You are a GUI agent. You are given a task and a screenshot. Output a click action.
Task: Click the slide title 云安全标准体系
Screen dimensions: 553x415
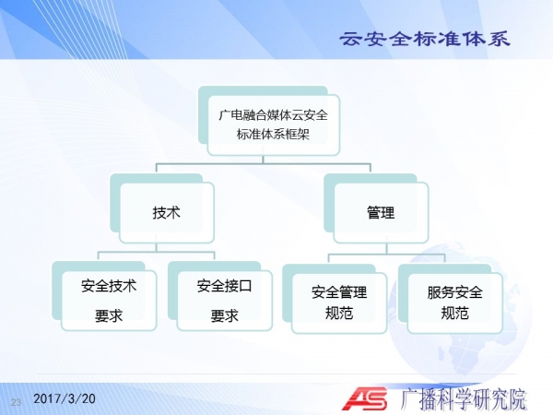[425, 39]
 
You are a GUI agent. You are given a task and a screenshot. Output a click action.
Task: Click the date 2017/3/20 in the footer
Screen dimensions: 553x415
[65, 398]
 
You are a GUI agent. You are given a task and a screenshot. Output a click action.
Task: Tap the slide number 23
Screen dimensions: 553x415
[17, 402]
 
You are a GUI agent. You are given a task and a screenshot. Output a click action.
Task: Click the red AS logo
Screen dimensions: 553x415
[365, 398]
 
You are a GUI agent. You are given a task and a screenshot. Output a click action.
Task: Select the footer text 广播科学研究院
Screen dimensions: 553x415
[464, 399]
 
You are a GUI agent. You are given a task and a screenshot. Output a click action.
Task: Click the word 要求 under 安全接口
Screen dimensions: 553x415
[225, 315]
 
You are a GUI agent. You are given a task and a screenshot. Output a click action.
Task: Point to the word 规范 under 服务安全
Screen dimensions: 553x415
[455, 313]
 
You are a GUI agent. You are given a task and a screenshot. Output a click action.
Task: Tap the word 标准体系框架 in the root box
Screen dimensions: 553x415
[273, 134]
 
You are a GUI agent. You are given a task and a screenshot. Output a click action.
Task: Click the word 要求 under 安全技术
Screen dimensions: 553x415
[109, 315]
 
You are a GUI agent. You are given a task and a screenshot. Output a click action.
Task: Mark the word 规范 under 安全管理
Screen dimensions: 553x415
[339, 313]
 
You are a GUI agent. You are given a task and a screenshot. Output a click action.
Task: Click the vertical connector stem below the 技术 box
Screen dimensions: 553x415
[157, 247]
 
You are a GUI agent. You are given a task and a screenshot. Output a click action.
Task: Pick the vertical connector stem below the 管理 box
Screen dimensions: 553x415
[386, 249]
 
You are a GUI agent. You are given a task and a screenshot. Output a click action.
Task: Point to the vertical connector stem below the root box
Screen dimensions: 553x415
[263, 160]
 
